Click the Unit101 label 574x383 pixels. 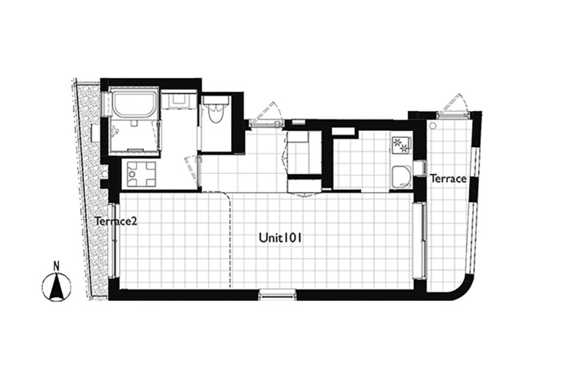click(x=279, y=238)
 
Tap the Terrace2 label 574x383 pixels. click(x=116, y=221)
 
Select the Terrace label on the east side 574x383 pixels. click(x=448, y=178)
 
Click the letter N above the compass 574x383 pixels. click(x=57, y=266)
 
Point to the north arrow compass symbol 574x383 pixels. click(x=57, y=287)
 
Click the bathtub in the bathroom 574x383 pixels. click(x=134, y=104)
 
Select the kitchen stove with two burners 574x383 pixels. click(x=401, y=145)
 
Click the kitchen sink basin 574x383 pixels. click(x=401, y=178)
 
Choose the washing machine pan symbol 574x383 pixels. click(x=141, y=175)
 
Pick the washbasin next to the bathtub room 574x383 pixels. click(x=179, y=99)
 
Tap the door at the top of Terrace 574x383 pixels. click(x=453, y=106)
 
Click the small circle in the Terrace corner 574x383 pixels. click(x=433, y=126)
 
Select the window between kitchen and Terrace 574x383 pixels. click(x=419, y=170)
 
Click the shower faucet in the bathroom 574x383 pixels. click(x=116, y=129)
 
